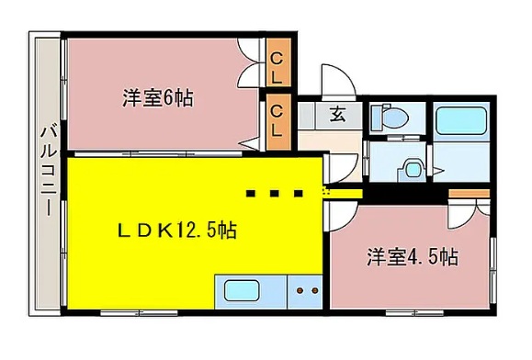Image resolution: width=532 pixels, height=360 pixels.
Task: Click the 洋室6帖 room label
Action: (x=157, y=98)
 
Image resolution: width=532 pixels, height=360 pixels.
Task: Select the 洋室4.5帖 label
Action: (x=413, y=256)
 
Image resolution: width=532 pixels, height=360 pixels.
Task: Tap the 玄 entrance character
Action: (x=336, y=115)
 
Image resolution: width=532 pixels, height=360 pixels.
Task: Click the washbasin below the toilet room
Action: (x=411, y=168)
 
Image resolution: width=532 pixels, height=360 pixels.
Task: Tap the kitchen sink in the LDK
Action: (x=243, y=293)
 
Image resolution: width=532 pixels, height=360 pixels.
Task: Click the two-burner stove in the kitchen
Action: (x=306, y=293)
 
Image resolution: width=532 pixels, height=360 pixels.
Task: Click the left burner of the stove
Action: (x=300, y=293)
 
